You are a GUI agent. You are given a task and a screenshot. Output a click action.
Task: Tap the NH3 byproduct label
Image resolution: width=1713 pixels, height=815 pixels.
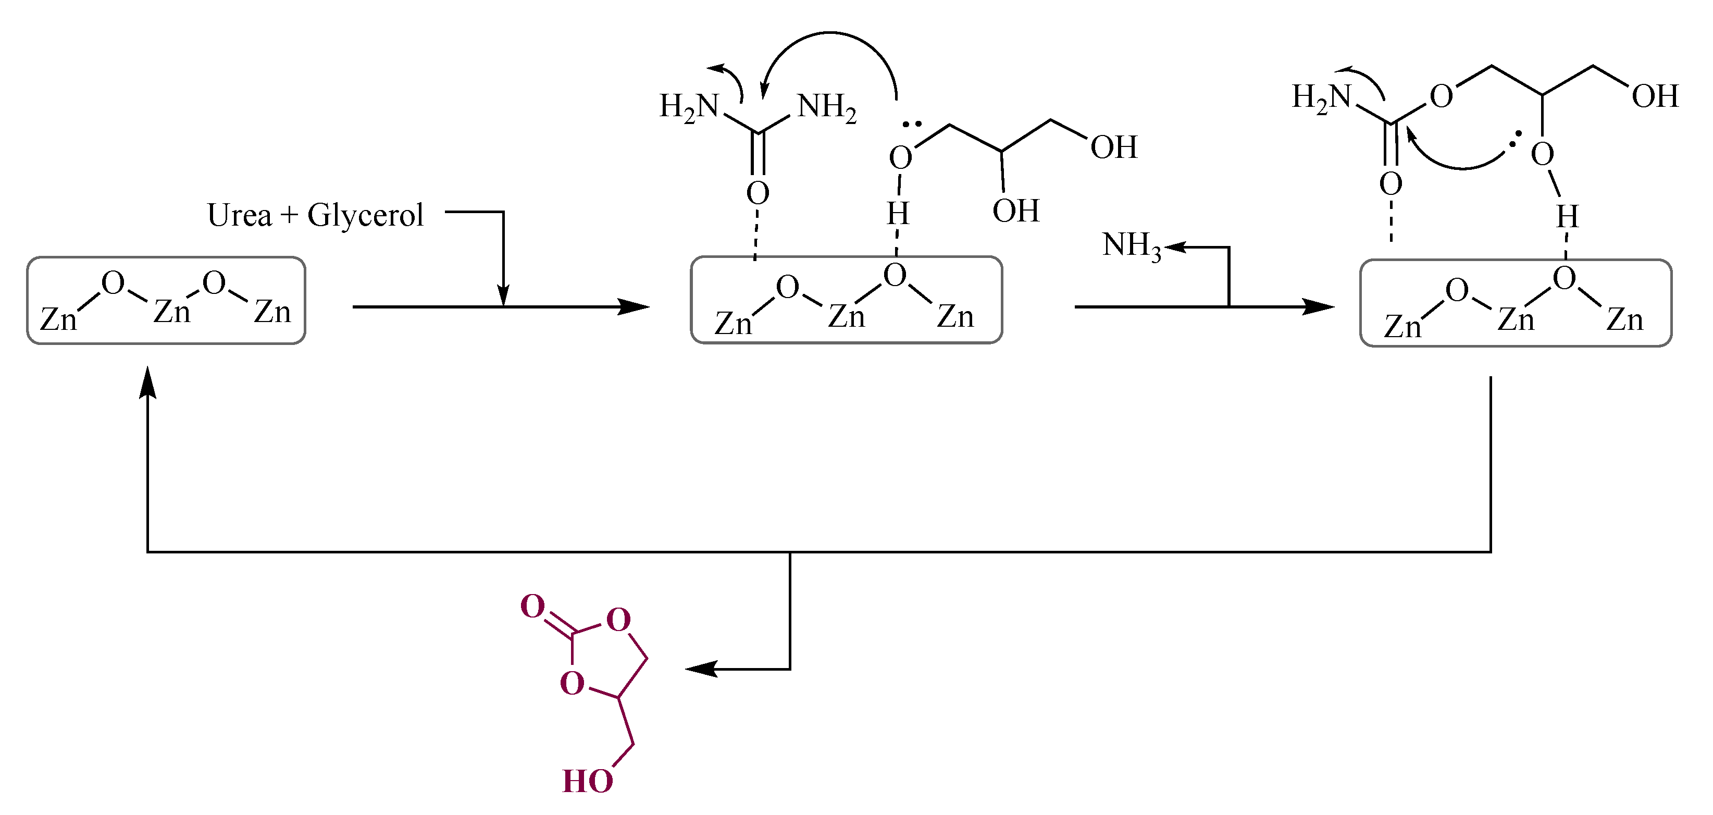[1131, 246]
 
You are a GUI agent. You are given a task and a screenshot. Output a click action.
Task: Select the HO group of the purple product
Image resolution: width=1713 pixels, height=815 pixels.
[587, 781]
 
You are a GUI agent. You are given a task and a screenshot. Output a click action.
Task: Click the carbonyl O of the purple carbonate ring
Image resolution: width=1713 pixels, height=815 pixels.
[532, 606]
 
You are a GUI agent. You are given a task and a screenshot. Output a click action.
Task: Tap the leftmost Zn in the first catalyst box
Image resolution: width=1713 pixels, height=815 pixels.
[58, 319]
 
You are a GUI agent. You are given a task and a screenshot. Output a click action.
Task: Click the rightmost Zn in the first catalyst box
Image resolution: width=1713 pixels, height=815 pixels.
[272, 312]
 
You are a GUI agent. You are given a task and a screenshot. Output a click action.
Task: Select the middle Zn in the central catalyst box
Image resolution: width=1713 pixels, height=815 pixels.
[847, 316]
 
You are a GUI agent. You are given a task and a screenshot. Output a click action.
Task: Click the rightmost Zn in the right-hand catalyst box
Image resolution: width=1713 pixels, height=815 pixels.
[1624, 320]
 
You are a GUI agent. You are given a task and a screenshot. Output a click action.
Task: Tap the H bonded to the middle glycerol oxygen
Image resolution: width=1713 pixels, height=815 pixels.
[898, 214]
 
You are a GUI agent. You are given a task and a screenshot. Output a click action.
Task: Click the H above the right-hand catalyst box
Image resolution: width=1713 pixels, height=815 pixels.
[1567, 217]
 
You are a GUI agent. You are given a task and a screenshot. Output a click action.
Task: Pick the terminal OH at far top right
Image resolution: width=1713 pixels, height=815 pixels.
[1655, 97]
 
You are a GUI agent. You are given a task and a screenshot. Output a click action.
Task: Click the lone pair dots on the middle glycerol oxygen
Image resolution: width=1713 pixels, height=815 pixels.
[912, 124]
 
